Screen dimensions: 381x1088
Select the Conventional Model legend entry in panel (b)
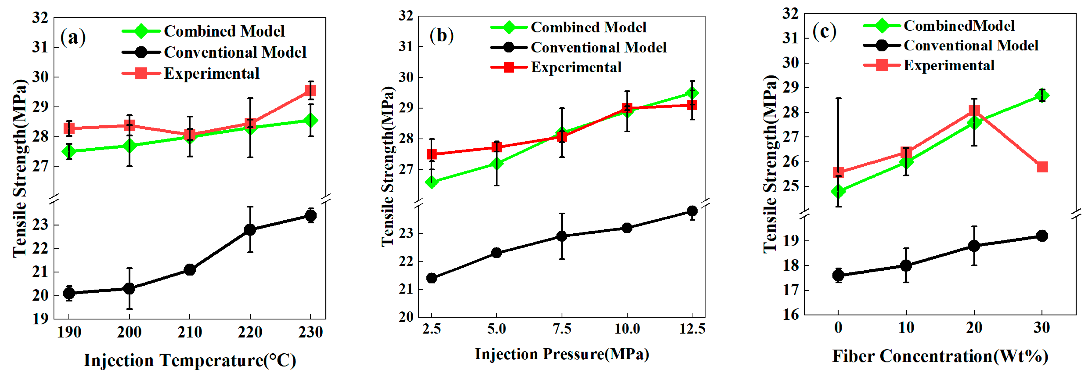598,47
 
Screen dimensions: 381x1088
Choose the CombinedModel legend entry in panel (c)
959,26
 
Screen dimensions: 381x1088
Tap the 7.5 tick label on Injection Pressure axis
562,329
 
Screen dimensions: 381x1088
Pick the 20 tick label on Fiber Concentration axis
974,327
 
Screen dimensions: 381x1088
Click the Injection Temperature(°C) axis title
190,360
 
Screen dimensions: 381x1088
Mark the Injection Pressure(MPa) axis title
562,354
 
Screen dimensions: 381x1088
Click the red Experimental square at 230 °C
310,91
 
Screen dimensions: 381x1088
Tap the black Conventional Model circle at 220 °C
250,230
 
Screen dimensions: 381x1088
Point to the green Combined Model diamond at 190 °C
69,151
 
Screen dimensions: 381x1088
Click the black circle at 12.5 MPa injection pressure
692,211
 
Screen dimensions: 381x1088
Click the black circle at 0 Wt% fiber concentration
838,275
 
